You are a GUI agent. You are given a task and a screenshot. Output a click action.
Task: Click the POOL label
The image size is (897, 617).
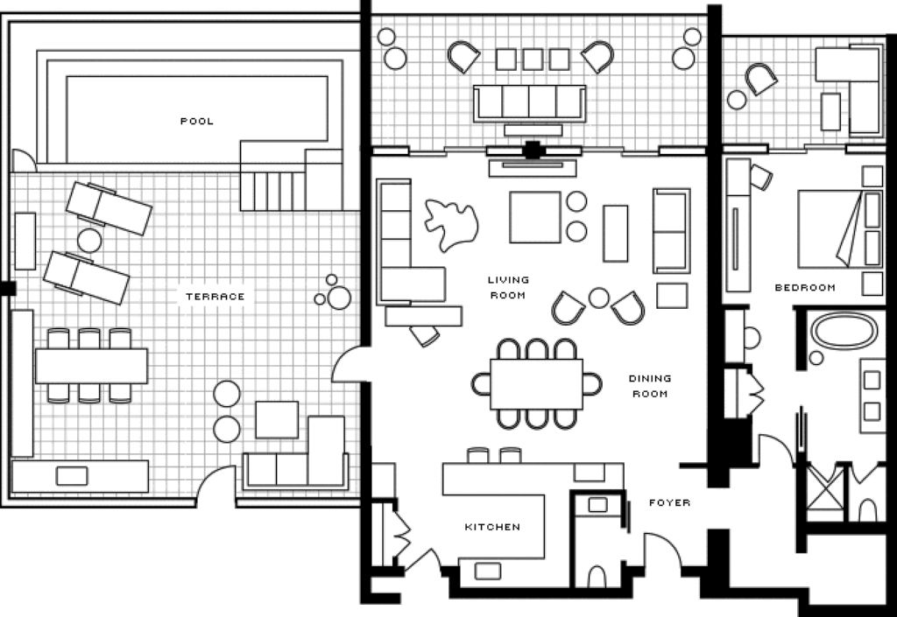(197, 121)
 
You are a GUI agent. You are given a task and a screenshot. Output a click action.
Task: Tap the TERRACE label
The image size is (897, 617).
(215, 297)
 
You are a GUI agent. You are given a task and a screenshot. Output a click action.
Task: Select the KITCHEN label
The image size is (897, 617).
(492, 527)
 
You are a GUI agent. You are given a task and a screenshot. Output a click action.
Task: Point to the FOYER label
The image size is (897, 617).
(669, 502)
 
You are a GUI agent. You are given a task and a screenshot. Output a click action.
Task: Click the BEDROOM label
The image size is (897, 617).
(805, 287)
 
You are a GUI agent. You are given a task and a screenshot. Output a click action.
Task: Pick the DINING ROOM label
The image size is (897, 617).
(650, 386)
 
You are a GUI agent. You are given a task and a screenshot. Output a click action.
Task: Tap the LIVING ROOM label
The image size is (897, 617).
(508, 287)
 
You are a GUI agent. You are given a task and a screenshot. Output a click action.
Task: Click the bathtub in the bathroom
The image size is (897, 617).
(844, 331)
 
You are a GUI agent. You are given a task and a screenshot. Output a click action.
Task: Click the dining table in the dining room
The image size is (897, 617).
(537, 384)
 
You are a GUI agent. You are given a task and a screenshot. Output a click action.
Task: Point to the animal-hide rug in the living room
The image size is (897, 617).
(451, 225)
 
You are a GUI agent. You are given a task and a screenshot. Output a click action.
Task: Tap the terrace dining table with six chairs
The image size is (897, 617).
(91, 366)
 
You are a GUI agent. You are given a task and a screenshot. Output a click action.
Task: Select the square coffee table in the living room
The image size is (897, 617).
(535, 217)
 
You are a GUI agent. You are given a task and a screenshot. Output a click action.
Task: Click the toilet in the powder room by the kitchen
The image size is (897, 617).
(597, 576)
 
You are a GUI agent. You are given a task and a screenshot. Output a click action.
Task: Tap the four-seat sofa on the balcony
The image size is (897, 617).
(530, 103)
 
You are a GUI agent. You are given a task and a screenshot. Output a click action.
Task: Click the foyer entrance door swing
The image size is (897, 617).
(664, 550)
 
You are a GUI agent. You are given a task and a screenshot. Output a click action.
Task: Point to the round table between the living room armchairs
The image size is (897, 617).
(599, 297)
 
